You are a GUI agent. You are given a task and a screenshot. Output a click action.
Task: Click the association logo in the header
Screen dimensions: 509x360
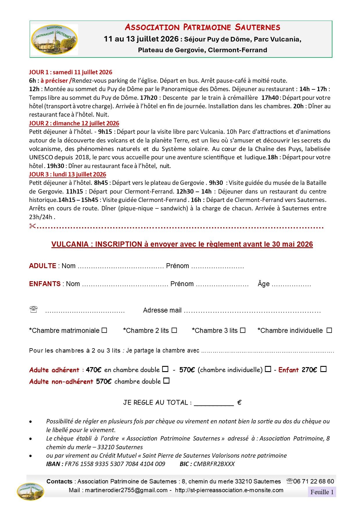click(54, 39)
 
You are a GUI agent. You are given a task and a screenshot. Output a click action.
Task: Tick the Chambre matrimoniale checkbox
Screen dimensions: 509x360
click(104, 330)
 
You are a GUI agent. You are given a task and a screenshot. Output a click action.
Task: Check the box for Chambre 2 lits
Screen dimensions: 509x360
click(174, 330)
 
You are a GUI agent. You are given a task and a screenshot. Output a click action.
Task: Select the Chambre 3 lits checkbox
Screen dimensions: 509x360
click(243, 330)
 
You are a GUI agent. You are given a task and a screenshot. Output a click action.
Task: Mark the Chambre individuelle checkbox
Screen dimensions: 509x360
click(329, 330)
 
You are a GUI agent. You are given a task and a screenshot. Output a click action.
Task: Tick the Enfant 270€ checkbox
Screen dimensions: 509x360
click(323, 369)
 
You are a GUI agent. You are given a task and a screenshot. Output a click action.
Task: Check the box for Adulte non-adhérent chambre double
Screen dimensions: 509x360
click(166, 381)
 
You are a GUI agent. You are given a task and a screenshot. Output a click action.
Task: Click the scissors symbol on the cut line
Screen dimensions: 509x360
click(32, 226)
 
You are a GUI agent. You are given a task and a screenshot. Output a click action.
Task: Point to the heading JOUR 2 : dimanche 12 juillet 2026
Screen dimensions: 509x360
click(74, 123)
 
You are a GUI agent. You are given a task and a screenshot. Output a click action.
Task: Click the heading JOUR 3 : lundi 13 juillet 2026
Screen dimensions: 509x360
click(68, 174)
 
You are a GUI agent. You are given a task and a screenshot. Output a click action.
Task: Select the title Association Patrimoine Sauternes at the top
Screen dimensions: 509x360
click(202, 27)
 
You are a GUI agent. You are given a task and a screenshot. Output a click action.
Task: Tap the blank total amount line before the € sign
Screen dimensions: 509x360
click(213, 403)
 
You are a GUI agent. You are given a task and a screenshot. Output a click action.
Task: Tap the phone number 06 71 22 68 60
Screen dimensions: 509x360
click(314, 481)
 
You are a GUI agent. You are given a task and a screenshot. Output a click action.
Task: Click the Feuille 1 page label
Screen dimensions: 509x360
click(322, 492)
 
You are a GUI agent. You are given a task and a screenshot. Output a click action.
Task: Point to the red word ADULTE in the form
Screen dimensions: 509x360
click(43, 266)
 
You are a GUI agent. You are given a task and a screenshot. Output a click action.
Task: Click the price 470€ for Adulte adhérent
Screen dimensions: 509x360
click(93, 370)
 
